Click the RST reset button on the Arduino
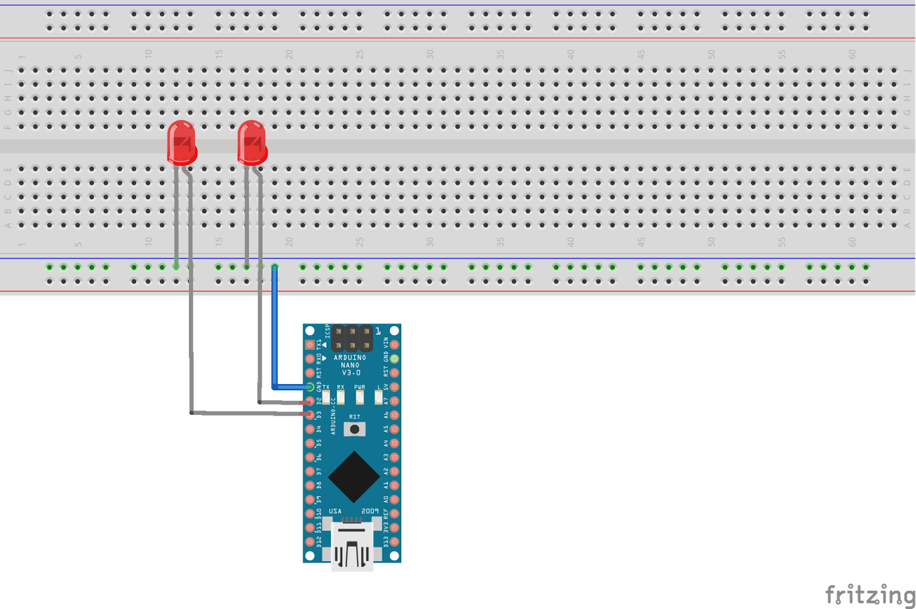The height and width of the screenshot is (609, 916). point(354,429)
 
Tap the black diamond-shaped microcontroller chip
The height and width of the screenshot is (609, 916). point(354,477)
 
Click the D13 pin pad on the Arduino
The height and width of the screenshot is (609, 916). point(394,541)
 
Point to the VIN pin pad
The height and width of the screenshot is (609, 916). point(394,345)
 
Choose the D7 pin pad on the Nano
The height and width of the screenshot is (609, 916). point(310,471)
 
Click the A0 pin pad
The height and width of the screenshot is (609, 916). point(394,499)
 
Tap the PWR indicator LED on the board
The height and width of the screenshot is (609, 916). point(360,396)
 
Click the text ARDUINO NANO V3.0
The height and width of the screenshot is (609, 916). point(350,365)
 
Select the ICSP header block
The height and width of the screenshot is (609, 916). point(352,338)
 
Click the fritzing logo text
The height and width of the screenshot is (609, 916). point(870,595)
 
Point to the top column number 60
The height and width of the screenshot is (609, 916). point(852,54)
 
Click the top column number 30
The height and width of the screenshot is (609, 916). point(430,54)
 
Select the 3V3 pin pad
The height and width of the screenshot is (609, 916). point(394,527)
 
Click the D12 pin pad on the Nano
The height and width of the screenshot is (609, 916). point(310,541)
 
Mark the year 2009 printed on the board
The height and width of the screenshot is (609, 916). point(370,511)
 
